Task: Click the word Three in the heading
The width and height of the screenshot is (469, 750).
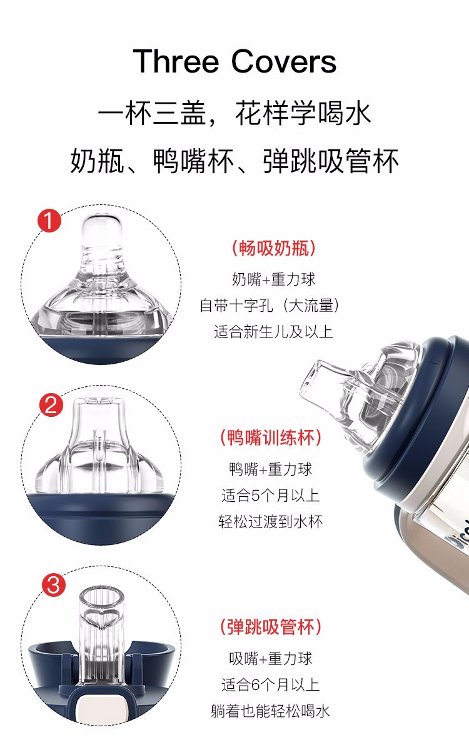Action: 176,61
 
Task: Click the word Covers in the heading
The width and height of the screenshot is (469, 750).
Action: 284,61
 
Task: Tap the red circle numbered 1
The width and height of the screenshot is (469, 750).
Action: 49,221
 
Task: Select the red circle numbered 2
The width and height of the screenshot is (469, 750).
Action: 51,406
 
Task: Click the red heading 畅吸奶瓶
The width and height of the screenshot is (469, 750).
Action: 274,249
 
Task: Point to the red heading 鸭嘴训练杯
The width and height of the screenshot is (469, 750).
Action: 270,438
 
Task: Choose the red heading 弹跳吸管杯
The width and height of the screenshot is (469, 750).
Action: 270,627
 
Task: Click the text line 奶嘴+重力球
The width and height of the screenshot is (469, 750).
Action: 274,279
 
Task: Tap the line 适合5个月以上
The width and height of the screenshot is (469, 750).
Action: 270,496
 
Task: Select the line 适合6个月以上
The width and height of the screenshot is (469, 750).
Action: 270,684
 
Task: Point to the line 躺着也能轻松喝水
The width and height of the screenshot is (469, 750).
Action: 270,711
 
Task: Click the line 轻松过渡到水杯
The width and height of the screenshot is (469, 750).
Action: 270,522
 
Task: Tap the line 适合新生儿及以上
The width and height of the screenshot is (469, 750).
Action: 273,332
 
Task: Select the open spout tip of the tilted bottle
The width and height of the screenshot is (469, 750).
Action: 313,382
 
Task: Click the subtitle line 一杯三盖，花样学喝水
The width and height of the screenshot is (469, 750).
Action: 234,113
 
